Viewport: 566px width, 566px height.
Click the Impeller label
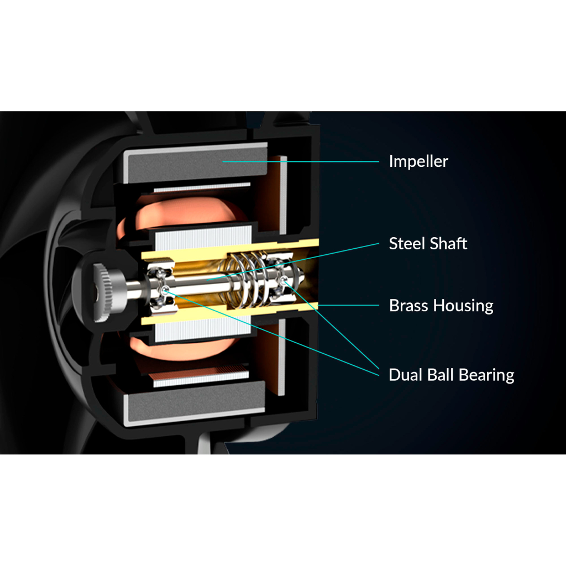point(418,161)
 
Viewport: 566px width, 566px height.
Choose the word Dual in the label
point(405,375)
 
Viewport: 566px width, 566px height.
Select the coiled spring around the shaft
point(249,280)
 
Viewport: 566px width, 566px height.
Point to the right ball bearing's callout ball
point(285,279)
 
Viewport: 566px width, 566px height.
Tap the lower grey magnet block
point(195,403)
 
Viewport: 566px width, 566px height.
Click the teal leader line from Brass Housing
point(348,305)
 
